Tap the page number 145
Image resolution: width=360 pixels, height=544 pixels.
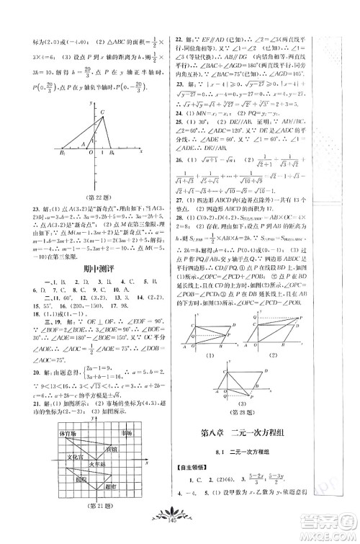click(180, 535)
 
